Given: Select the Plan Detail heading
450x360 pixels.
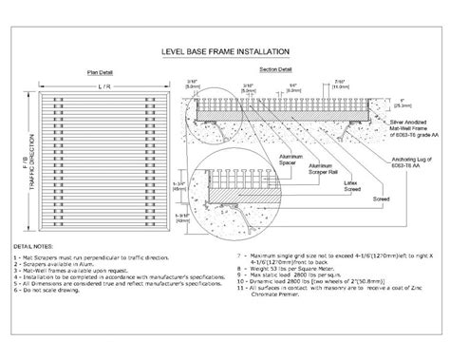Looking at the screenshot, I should coord(99,71).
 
